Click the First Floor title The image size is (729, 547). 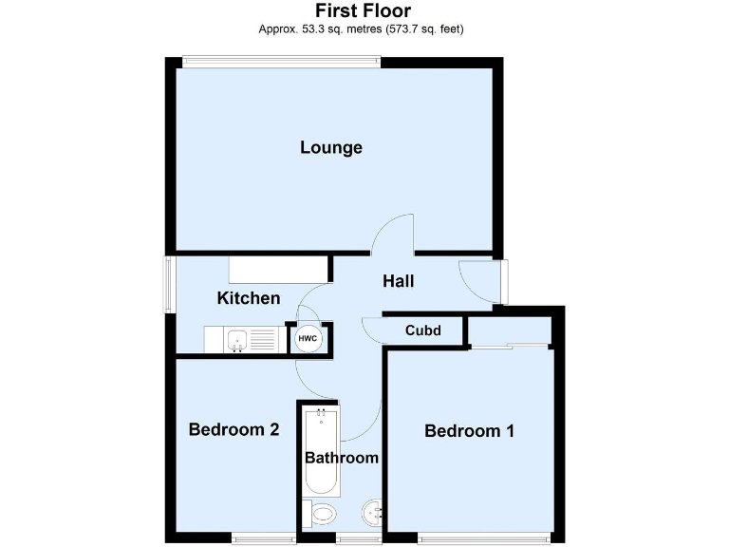coord(364,11)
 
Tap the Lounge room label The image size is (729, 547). coord(331,147)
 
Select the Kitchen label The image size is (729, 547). coord(249,298)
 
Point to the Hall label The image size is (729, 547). coord(398,281)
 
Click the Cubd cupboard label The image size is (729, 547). coord(423,330)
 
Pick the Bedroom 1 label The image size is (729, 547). coord(469,431)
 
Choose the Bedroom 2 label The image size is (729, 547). coord(234,429)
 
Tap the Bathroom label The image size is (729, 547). coord(342,458)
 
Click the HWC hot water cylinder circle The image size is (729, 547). coord(308,338)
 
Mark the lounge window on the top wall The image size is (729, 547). coord(282,62)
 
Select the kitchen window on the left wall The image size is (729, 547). coord(170,283)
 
